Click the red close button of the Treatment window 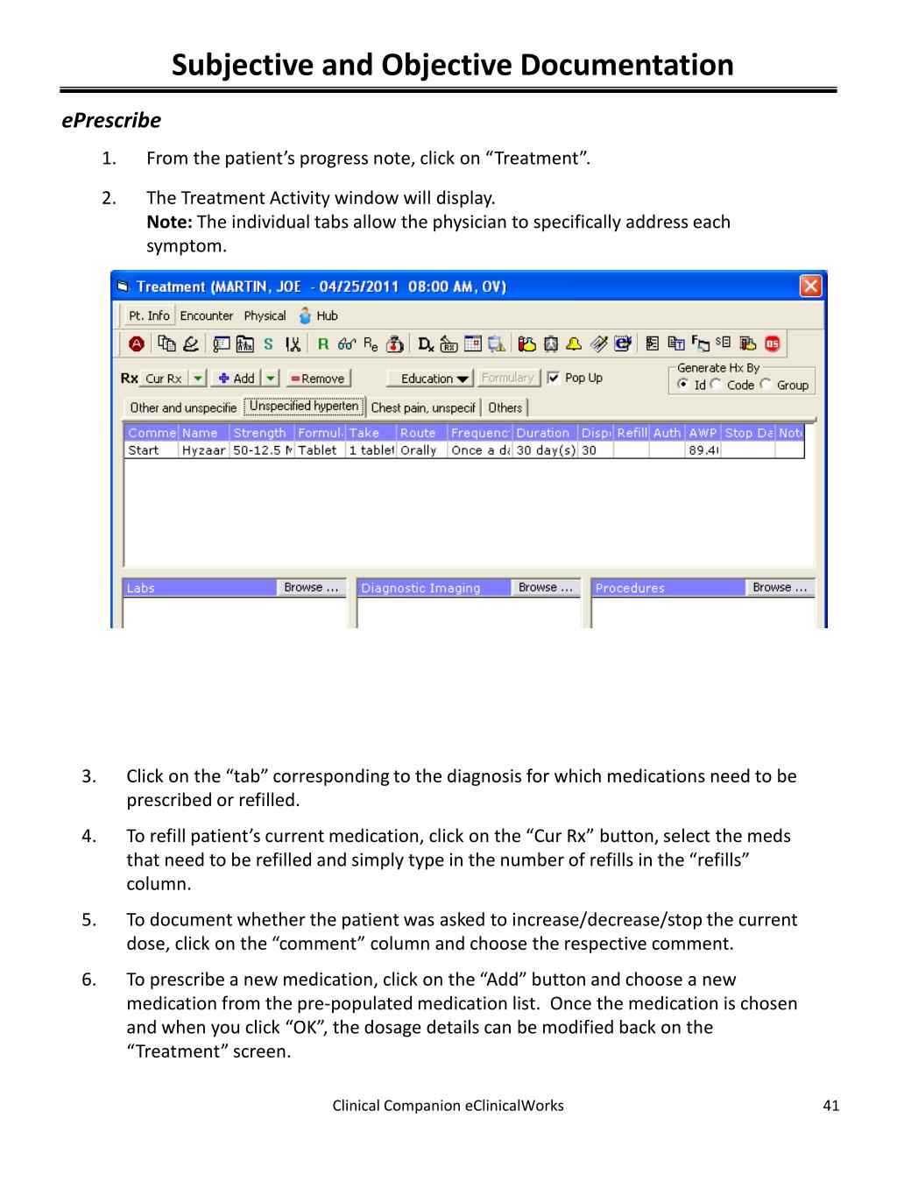[x=811, y=286]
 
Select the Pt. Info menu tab [x=149, y=315]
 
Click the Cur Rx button [x=163, y=379]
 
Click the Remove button [x=320, y=379]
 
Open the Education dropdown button [x=434, y=379]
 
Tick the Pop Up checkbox [x=554, y=378]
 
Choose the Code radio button [x=717, y=385]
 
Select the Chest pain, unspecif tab [x=423, y=407]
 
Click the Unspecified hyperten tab [x=304, y=407]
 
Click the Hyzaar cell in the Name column [x=203, y=450]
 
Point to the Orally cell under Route [x=418, y=450]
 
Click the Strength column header [x=260, y=433]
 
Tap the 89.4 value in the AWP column [x=703, y=450]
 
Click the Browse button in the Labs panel [x=311, y=588]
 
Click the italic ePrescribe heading [x=111, y=120]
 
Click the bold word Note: [x=169, y=223]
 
